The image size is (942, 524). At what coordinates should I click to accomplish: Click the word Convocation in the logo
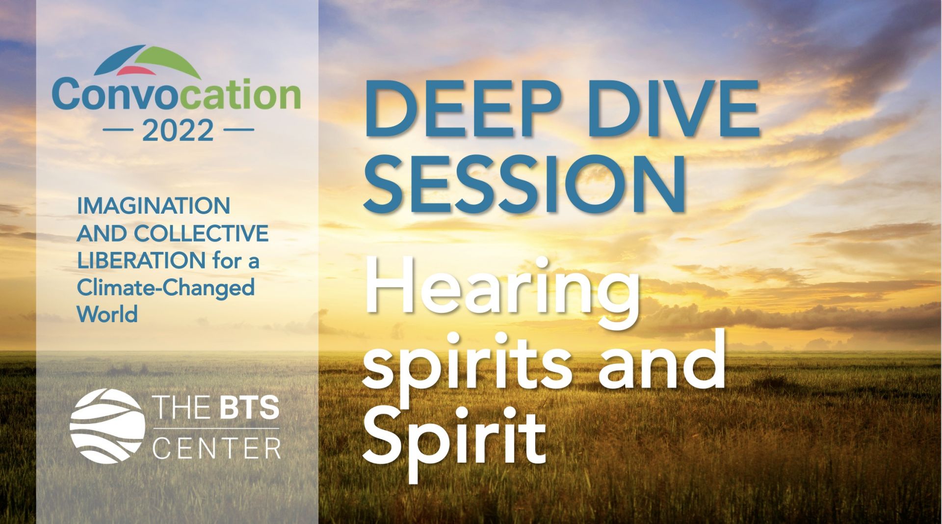point(176,95)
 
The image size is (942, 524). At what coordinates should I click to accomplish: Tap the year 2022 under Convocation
point(178,131)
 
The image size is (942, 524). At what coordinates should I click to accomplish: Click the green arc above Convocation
point(167,61)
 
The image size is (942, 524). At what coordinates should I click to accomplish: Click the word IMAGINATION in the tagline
point(154,206)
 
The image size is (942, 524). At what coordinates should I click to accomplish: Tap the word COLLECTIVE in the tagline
point(201,234)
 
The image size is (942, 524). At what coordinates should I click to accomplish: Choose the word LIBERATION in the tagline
point(141,261)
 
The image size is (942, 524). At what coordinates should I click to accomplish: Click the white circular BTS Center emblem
point(107,426)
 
